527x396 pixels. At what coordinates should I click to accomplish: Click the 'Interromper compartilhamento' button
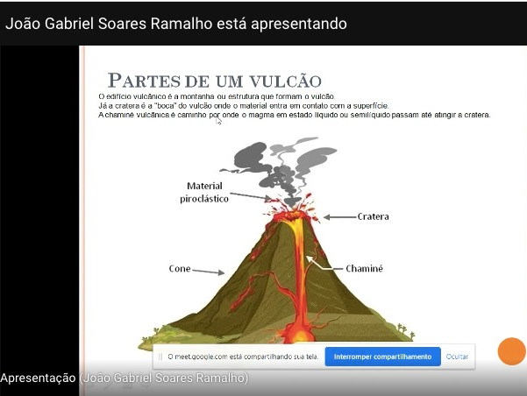382,357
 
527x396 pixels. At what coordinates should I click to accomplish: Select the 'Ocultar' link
457,357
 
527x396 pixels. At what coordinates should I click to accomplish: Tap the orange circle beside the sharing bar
511,351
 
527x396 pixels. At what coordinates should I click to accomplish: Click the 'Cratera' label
373,216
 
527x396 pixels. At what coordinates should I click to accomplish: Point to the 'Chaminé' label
364,268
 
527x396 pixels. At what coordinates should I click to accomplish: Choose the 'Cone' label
180,269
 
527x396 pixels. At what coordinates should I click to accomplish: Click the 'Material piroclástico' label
204,192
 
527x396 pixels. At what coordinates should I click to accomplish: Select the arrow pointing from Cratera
339,217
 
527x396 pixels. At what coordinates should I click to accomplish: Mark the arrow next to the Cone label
209,272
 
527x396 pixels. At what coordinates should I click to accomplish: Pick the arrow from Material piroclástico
251,196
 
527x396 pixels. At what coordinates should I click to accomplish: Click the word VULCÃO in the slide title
285,81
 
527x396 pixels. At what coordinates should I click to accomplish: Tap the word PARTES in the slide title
144,81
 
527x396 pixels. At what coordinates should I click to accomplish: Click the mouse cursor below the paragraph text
218,121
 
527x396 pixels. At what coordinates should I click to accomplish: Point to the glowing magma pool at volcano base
299,334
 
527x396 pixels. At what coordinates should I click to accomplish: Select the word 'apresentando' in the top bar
299,25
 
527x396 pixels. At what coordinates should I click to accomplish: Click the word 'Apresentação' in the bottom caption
38,378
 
